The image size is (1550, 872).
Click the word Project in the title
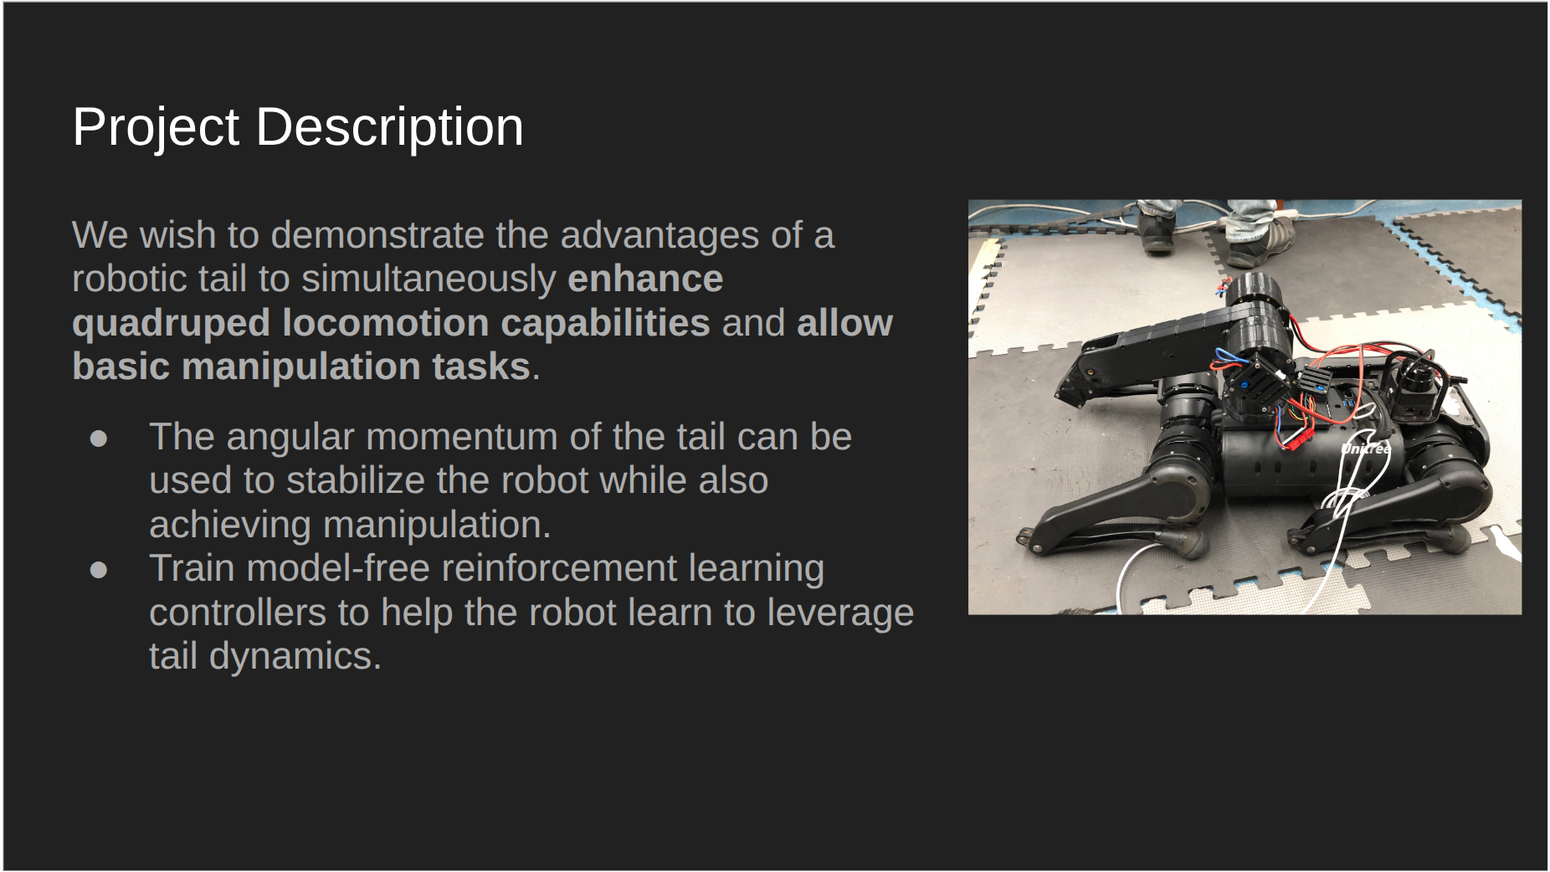156,127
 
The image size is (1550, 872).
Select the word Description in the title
389,127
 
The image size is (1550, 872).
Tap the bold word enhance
644,279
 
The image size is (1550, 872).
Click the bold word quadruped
170,323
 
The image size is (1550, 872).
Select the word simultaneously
429,279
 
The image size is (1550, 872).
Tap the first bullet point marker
99,439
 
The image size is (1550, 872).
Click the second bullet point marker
99,570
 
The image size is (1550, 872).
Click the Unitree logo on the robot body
1365,449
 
